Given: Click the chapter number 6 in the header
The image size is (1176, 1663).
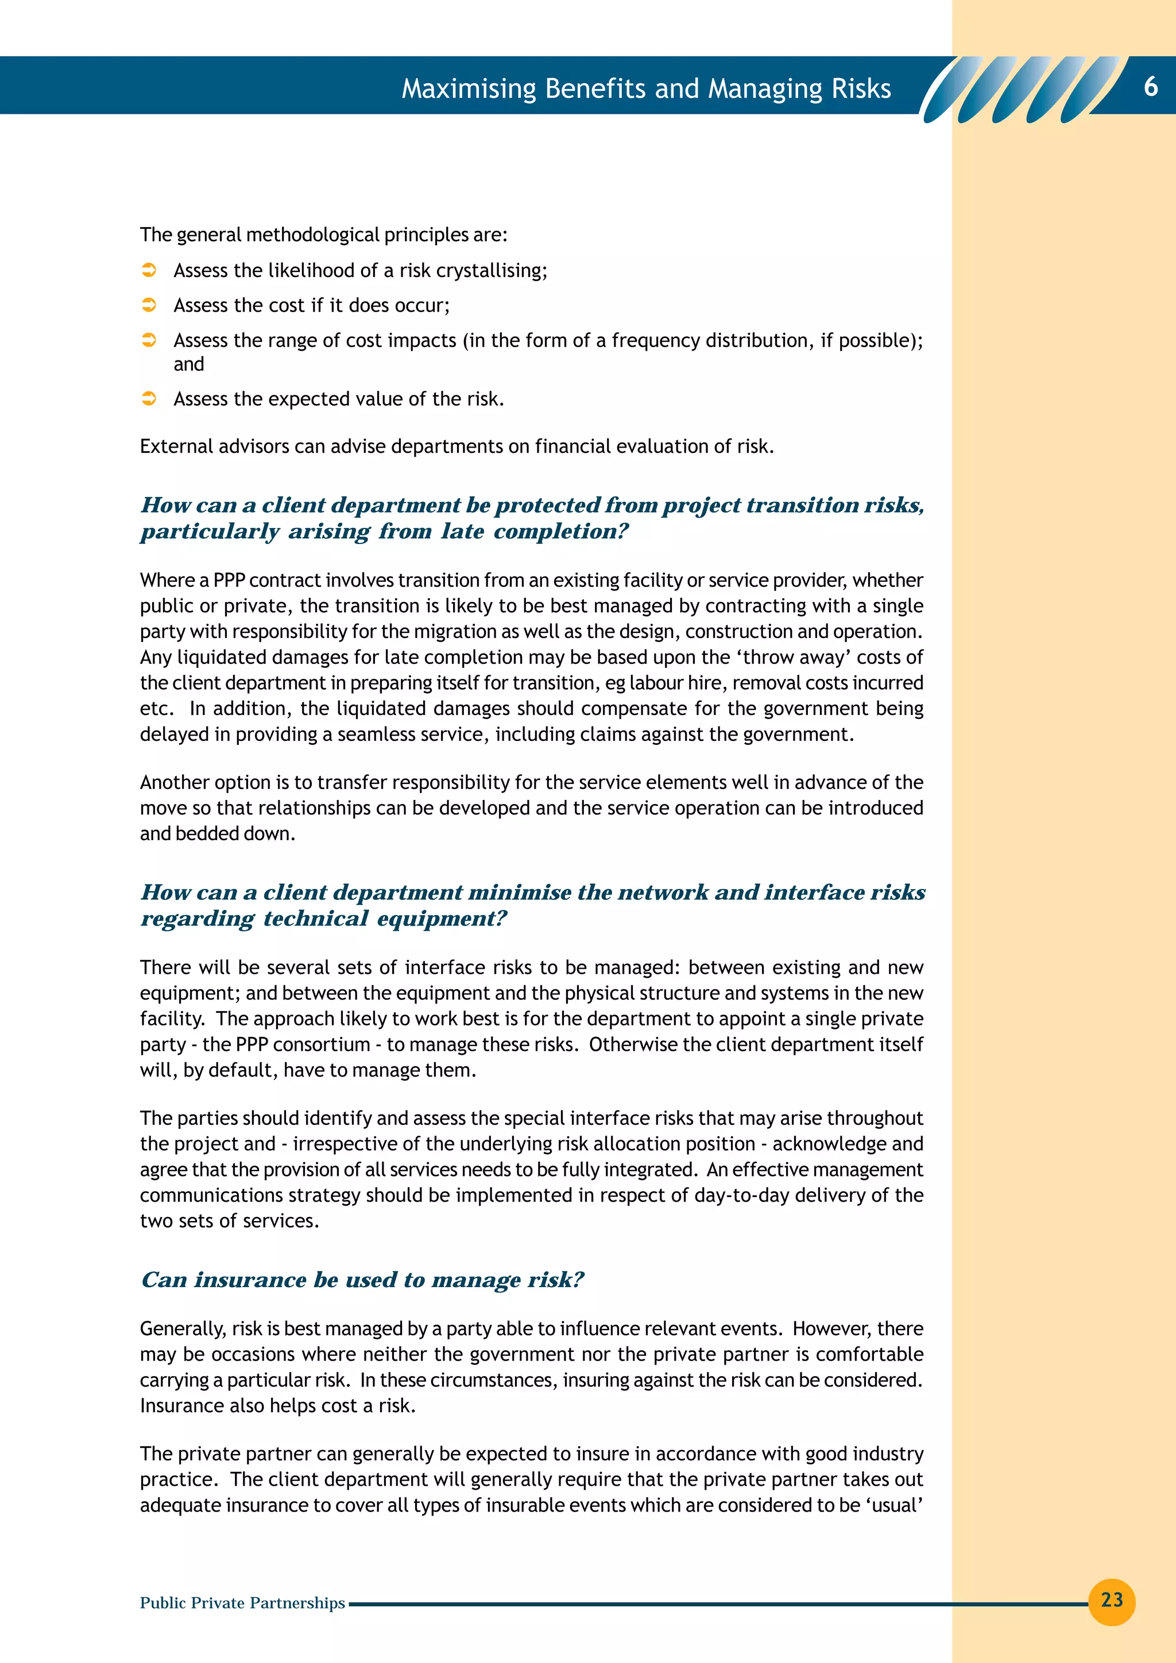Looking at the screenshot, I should [1151, 87].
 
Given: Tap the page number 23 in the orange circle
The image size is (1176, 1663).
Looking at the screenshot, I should [1112, 1600].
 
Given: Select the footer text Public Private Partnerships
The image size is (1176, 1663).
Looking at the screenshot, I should [242, 1603].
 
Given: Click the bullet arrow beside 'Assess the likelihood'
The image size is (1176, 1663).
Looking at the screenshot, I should [149, 270].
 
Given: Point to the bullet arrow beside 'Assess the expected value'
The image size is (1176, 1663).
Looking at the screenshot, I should [149, 398].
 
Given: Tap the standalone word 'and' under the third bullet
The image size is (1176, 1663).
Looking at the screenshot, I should [188, 364].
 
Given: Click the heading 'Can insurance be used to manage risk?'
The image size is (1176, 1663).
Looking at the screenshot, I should [362, 1280].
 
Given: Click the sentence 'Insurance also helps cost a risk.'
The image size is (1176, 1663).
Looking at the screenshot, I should [277, 1406].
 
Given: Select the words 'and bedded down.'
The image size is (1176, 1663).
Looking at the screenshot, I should [218, 834].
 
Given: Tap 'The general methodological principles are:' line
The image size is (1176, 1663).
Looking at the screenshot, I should [323, 235].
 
